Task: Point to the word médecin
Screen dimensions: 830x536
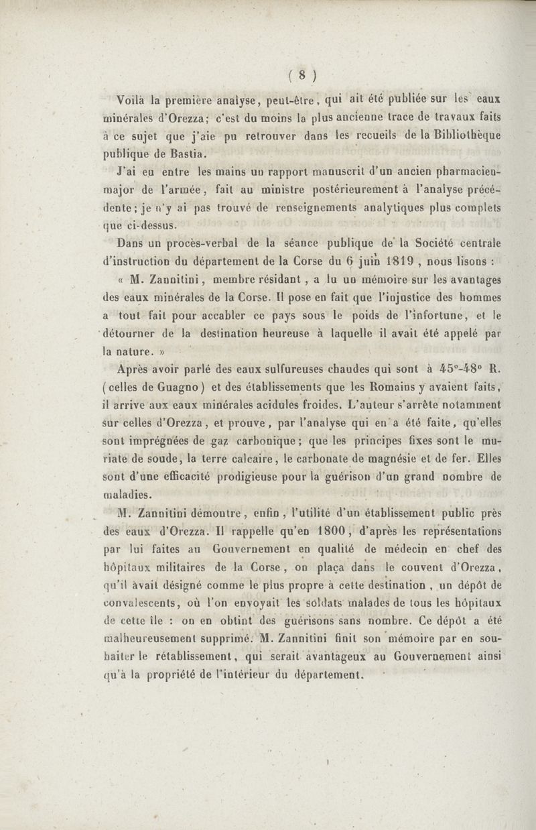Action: click(398, 550)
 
